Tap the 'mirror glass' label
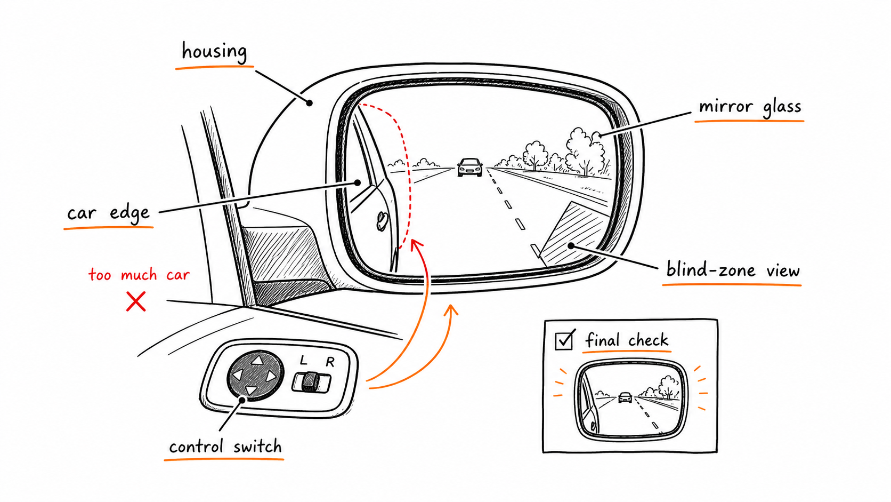750,107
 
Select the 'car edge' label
108,213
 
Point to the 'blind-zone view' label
733,270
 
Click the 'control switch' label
225,447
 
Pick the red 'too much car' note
139,275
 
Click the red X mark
136,301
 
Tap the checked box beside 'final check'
564,340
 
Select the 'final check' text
627,340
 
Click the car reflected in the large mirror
470,167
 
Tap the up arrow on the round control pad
257,360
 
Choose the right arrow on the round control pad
271,376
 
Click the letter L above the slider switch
303,360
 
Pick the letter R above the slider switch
330,362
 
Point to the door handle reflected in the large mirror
382,221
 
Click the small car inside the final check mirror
625,397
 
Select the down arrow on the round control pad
250,390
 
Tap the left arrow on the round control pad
238,374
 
